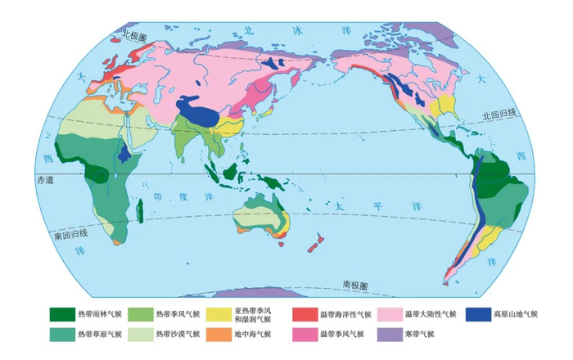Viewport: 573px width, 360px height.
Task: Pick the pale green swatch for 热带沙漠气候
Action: click(x=140, y=334)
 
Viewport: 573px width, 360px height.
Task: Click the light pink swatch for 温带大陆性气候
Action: click(x=390, y=314)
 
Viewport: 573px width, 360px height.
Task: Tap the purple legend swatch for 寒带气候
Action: click(x=390, y=334)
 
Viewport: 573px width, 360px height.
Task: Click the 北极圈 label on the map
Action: click(x=133, y=35)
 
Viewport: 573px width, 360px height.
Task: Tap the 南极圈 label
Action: click(x=354, y=286)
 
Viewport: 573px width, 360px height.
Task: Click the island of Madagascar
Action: click(x=140, y=212)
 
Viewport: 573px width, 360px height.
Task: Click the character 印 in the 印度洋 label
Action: click(x=159, y=197)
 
